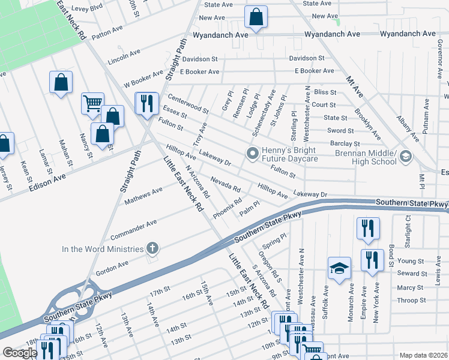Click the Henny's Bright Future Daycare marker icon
[x=253, y=154]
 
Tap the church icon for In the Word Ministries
[x=152, y=248]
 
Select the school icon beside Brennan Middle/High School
[x=406, y=157]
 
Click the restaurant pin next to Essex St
[x=146, y=103]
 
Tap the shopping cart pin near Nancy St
[x=92, y=103]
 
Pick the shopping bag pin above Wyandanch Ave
[x=256, y=19]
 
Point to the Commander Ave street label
[x=133, y=227]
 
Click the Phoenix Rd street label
[x=227, y=208]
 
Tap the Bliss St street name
[x=325, y=92]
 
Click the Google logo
[x=20, y=353]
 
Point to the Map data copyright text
[x=423, y=355]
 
